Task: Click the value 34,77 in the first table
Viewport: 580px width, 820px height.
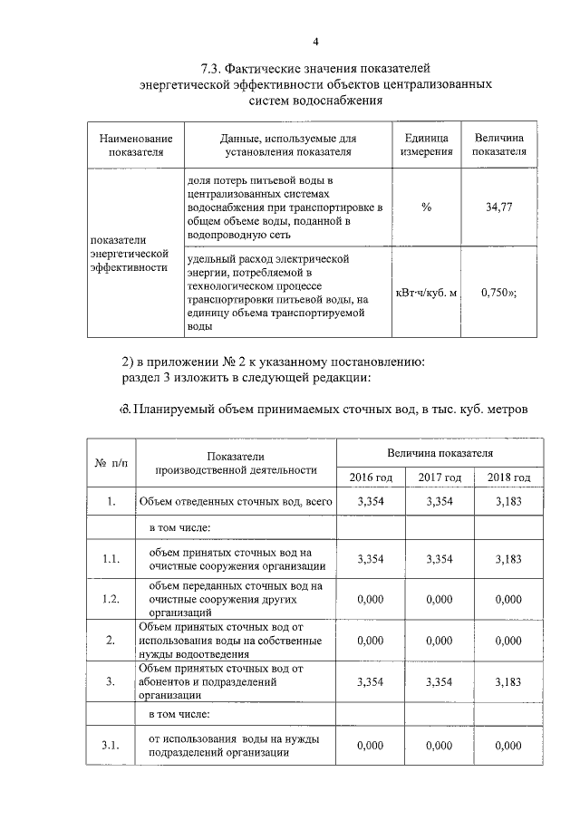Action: (x=499, y=207)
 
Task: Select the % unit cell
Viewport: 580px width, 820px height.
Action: (x=426, y=207)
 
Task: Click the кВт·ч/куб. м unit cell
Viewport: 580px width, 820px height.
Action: (x=427, y=294)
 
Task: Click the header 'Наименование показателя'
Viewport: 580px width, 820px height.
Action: (x=136, y=145)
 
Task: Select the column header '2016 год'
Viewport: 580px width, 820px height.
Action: (x=372, y=478)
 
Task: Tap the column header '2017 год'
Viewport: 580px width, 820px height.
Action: (x=440, y=478)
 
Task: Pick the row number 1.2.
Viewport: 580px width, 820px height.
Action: (x=111, y=599)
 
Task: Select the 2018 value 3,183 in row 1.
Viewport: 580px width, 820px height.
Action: (x=508, y=501)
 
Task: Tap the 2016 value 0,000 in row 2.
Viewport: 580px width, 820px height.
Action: (x=372, y=640)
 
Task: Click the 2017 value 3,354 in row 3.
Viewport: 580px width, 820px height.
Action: (x=440, y=681)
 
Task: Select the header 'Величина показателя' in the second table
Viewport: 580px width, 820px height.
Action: (x=440, y=450)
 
